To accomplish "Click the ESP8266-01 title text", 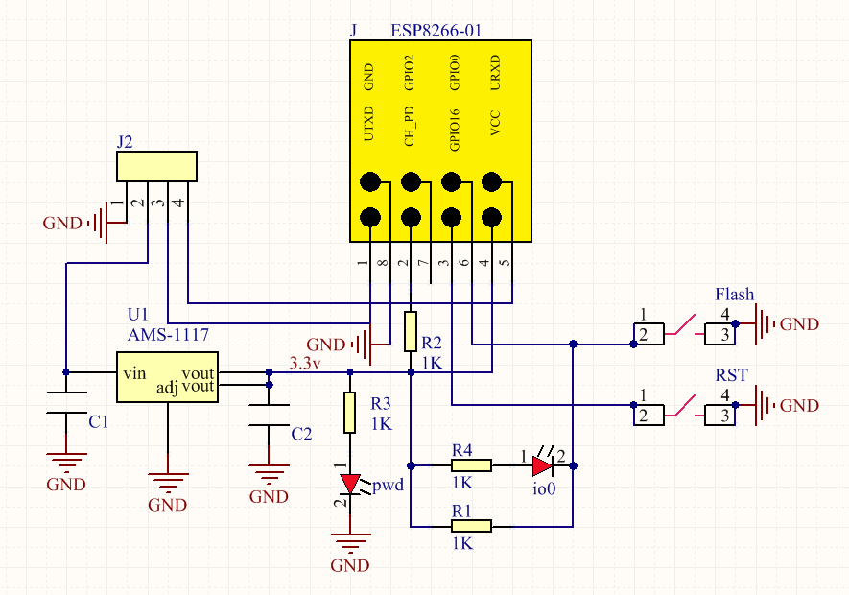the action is pos(436,30).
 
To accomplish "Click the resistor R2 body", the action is pos(411,331).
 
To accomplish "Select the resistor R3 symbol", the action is pos(350,413).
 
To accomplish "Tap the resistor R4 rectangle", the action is pos(472,465).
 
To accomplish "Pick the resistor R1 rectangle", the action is pos(472,526).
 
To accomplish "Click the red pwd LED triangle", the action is pos(350,484).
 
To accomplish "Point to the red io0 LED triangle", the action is pos(543,465).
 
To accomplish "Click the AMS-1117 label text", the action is pos(168,334).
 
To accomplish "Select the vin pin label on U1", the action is pos(134,373).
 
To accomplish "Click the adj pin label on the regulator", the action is pos(167,388).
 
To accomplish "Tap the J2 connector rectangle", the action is pos(157,166).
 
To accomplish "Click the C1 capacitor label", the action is pos(99,421).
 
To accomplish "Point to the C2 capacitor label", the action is pos(301,434).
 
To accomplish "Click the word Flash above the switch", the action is pos(734,295).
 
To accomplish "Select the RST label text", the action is pos(731,375).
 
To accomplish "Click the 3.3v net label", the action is pos(305,363).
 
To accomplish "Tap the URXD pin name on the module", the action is pos(495,72).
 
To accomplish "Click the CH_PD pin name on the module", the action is pos(410,127).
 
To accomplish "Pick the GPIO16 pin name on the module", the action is pos(455,130).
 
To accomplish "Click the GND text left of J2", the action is pos(62,223).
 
